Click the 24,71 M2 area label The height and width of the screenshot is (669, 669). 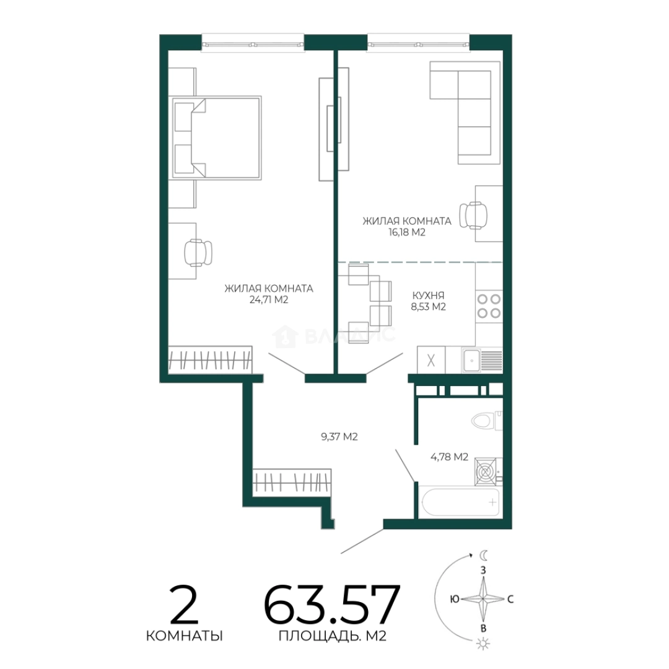(269, 300)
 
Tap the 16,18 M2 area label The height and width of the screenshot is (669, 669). (406, 232)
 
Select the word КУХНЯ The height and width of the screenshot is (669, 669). (429, 295)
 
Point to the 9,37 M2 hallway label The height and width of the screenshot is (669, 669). (339, 437)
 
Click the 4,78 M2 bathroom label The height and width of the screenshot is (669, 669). (449, 457)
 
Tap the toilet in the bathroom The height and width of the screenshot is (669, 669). (486, 421)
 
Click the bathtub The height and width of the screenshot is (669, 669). (459, 502)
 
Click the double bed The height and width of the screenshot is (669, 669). (216, 138)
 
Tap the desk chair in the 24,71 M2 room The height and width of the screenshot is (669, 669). (198, 252)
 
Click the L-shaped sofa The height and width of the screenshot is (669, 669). (465, 111)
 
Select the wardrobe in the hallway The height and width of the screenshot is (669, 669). (292, 483)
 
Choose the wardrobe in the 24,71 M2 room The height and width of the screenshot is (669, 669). (211, 360)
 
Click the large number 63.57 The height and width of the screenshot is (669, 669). (332, 605)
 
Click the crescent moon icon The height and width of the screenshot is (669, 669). (483, 555)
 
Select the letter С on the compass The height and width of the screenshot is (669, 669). (510, 600)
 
